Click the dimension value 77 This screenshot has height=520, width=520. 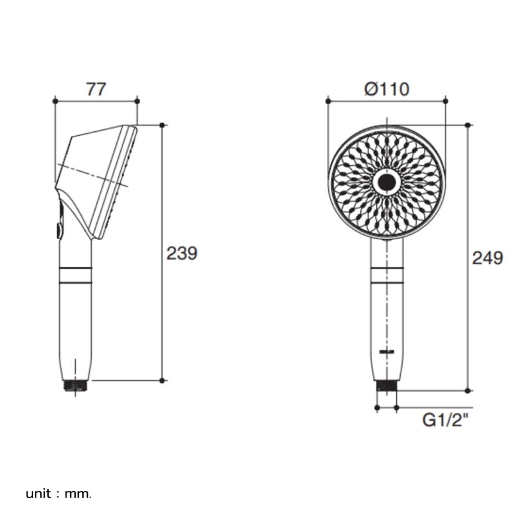pos(96,89)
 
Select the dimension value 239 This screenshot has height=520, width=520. pos(181,253)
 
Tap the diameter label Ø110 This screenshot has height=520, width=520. pos(386,89)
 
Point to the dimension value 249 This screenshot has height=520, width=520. pos(487,257)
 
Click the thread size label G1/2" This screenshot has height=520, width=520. pos(445,420)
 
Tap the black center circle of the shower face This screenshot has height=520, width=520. pos(386,182)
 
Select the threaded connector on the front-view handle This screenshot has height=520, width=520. pos(386,386)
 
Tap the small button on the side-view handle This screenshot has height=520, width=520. pos(58,230)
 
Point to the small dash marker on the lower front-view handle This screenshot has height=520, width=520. pos(386,352)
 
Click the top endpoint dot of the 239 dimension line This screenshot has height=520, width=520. pos(162,125)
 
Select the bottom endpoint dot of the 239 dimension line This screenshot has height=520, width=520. pos(162,380)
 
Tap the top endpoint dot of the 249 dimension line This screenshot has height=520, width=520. pos(467,125)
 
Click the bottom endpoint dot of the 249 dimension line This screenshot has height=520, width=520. pos(467,391)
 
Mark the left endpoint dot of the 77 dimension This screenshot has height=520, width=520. pos(55,101)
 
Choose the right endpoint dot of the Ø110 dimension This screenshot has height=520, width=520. pos(446,101)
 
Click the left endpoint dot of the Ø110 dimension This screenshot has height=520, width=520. pos(328,101)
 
